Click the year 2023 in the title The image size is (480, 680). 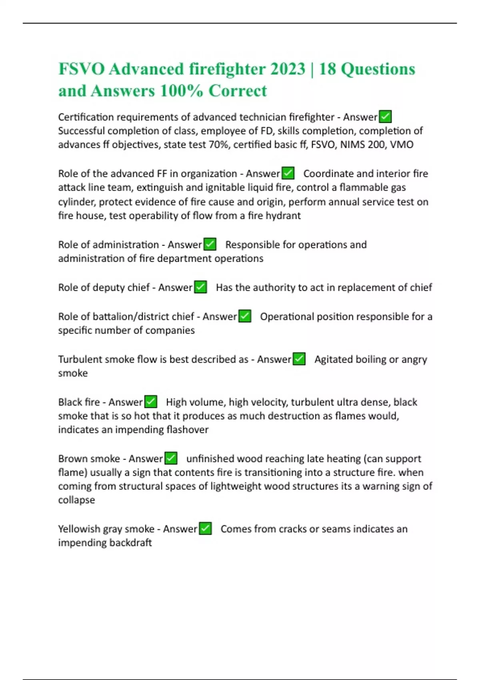pyautogui.click(x=288, y=69)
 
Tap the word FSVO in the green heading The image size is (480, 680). pyautogui.click(x=81, y=69)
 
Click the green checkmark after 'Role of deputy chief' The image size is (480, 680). pyautogui.click(x=200, y=287)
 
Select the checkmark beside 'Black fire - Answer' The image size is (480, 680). pyautogui.click(x=151, y=402)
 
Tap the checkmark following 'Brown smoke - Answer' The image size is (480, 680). pyautogui.click(x=171, y=458)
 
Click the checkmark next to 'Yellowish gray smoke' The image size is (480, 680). pyautogui.click(x=205, y=528)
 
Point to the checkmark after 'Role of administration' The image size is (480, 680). pyautogui.click(x=210, y=244)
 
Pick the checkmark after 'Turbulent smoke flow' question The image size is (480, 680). pyautogui.click(x=299, y=359)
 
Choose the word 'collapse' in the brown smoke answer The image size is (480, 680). pyautogui.click(x=76, y=500)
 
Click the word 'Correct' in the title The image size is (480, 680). pyautogui.click(x=238, y=91)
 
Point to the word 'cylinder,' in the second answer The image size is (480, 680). pyautogui.click(x=76, y=202)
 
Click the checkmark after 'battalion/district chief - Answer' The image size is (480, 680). pyautogui.click(x=245, y=316)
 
